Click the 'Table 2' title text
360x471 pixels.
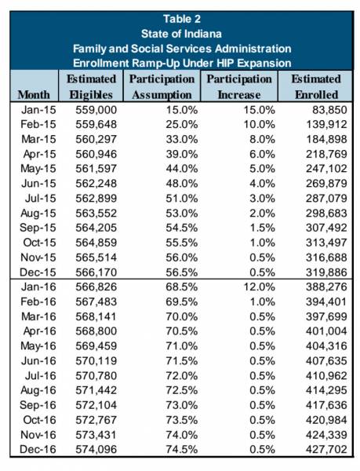pos(182,19)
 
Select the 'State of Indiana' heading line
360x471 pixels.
pos(181,34)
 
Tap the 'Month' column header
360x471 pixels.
pos(34,95)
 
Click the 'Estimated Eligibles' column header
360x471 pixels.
pos(91,87)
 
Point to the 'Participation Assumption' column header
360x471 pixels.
pos(162,87)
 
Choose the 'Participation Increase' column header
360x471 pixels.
pos(239,87)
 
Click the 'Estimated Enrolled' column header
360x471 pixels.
pos(316,87)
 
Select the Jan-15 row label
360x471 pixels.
pos(38,110)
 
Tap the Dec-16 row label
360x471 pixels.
pos(38,449)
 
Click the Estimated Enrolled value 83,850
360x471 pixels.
pos(329,110)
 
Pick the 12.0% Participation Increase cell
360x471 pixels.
pos(259,287)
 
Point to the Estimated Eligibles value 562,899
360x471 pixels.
pos(96,199)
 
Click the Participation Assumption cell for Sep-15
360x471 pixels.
pos(182,228)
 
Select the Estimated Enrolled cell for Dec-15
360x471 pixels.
pos(326,272)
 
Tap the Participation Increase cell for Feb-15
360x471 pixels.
pos(259,125)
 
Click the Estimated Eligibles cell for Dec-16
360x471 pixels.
pos(96,449)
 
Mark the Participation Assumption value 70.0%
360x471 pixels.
pos(182,316)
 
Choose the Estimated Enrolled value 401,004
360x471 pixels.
pos(326,331)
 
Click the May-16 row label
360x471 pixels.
pos(38,346)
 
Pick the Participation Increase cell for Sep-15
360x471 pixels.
pos(262,228)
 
